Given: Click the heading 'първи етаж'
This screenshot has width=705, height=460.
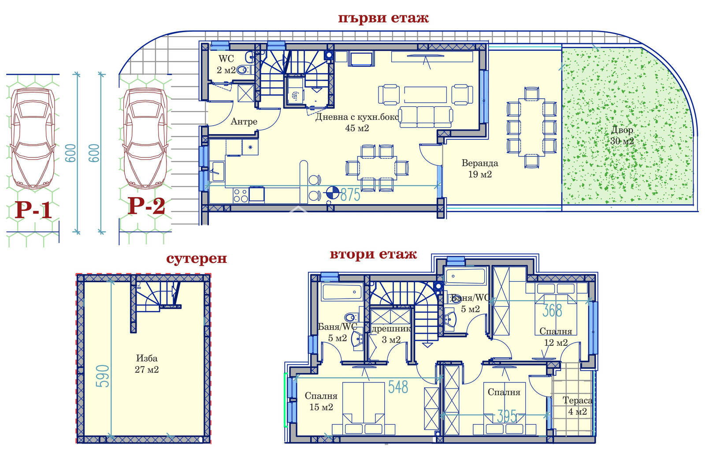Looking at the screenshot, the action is (383, 18).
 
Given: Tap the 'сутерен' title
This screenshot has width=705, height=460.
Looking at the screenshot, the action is (197, 259).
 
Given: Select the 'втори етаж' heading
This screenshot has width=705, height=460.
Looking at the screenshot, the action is (373, 254).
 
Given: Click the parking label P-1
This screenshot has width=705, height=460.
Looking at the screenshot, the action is (33, 210).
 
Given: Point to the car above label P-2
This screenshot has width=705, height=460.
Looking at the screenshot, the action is (145, 138).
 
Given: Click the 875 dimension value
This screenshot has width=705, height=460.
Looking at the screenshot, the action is (350, 194).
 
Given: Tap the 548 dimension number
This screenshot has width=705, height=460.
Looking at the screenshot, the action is (398, 387).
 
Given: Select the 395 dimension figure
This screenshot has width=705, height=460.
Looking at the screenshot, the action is (507, 417).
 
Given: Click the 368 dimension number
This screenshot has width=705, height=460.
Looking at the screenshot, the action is (553, 310).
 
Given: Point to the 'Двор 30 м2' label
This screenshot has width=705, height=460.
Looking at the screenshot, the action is (622, 135).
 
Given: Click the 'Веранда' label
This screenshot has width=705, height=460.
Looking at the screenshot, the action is (480, 163).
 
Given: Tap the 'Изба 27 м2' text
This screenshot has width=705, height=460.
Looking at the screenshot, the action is (147, 364).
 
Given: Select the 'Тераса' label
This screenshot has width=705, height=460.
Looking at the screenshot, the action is (578, 400).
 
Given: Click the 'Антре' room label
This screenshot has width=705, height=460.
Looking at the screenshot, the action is (244, 122).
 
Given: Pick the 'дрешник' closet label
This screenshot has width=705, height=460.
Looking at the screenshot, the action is (391, 329).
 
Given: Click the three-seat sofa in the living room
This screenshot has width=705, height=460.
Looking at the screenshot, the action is (426, 116).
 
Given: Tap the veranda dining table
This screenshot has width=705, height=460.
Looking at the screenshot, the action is (531, 127).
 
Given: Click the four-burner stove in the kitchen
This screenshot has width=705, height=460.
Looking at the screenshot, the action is (241, 195).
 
